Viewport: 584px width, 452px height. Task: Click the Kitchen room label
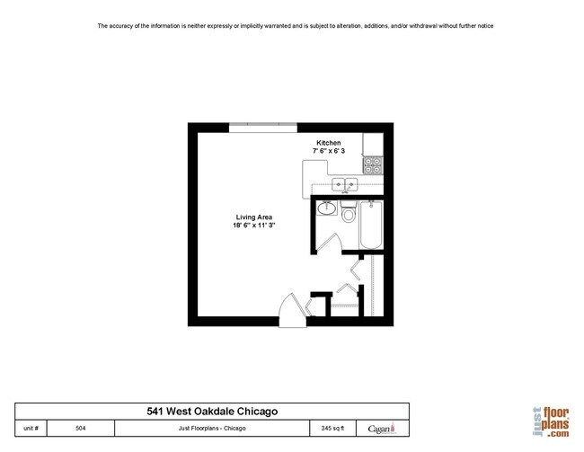pos(328,144)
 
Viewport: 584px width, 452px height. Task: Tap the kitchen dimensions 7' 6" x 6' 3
pos(327,152)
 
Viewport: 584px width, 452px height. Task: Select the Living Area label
pos(254,217)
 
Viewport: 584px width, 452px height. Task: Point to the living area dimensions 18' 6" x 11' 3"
pos(254,226)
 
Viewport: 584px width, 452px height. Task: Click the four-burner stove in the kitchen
pos(373,164)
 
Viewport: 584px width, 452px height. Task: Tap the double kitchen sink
pos(345,185)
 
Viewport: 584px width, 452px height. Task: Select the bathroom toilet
pos(349,216)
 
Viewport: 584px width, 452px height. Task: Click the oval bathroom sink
pos(327,209)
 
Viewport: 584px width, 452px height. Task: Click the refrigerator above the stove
pos(372,144)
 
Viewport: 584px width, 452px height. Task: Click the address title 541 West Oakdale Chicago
pos(212,411)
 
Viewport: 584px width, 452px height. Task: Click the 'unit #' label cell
pos(31,428)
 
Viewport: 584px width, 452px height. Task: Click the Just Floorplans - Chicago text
pos(212,428)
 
